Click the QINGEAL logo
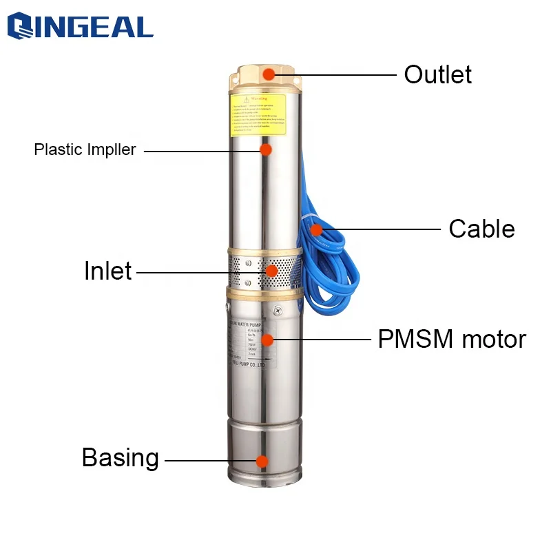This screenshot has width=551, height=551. (80, 27)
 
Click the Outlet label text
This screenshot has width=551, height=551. (438, 74)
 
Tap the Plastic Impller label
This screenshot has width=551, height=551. (85, 149)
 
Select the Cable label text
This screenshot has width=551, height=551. (481, 229)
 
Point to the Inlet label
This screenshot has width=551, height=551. (107, 271)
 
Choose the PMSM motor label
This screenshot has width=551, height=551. (452, 339)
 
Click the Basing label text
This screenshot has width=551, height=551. (120, 458)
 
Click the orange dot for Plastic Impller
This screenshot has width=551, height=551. (266, 149)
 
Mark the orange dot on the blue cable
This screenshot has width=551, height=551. (316, 229)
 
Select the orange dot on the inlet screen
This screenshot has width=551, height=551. (272, 271)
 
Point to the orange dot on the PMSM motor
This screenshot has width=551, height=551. (267, 339)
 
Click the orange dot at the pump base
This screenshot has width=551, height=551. (261, 461)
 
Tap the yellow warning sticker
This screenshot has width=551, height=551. (257, 114)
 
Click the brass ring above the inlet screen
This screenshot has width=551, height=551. (263, 247)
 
